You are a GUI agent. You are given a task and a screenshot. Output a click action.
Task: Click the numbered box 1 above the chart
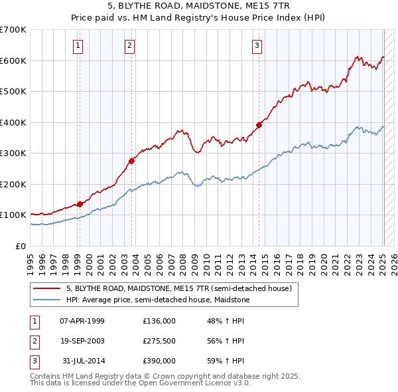[78, 46]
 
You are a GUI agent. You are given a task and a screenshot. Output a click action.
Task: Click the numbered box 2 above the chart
[129, 46]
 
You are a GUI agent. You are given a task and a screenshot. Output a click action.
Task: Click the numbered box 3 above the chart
[257, 46]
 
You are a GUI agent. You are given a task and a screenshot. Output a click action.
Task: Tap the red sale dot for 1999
[80, 204]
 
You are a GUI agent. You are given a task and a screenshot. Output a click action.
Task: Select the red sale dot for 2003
[132, 161]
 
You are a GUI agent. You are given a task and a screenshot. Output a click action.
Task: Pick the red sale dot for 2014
[259, 125]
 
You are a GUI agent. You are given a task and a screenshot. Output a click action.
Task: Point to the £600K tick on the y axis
[13, 60]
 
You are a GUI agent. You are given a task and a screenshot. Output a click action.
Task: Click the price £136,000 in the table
[159, 321]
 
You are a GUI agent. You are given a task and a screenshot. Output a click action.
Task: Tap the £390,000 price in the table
[159, 361]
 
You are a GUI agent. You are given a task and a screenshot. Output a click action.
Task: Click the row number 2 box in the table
[33, 341]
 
